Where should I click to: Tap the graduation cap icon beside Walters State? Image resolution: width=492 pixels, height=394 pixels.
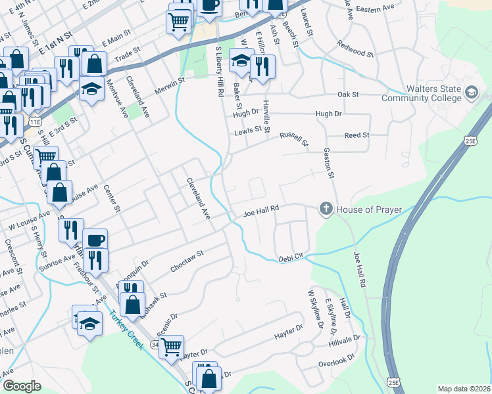[x=471, y=94]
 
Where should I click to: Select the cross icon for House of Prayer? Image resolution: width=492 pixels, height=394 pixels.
[x=325, y=209]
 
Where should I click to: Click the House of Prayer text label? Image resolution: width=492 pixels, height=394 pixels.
[x=367, y=209]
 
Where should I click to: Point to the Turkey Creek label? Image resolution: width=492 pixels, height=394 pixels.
[x=127, y=330]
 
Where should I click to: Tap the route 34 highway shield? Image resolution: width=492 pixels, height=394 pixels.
[x=155, y=344]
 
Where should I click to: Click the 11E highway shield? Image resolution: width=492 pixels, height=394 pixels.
[x=34, y=121]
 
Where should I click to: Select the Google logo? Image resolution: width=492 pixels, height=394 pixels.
[x=22, y=386]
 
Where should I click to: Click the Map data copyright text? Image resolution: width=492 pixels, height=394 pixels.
[x=464, y=389]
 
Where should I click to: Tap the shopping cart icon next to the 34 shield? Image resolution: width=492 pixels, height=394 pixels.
[x=172, y=345]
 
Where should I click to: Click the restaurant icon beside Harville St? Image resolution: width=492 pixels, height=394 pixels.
[x=262, y=66]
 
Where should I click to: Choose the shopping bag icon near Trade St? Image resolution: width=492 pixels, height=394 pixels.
[x=95, y=64]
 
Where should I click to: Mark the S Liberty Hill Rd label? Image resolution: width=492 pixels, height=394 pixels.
[x=220, y=72]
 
